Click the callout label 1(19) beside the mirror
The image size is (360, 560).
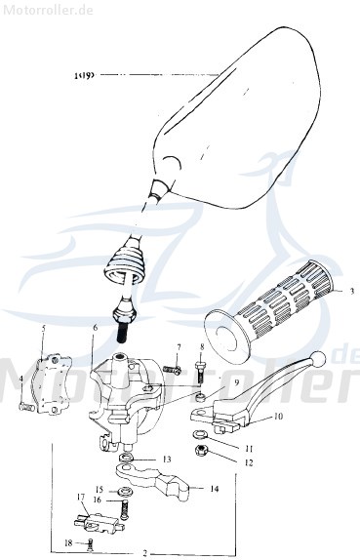point(83,73)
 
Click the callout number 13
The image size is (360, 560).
point(167,458)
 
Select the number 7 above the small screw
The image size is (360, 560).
point(179,348)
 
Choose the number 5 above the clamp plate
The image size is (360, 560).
point(44,329)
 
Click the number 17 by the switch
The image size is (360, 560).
point(81,497)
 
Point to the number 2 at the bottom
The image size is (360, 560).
point(144,553)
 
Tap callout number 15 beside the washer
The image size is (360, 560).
point(99,489)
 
